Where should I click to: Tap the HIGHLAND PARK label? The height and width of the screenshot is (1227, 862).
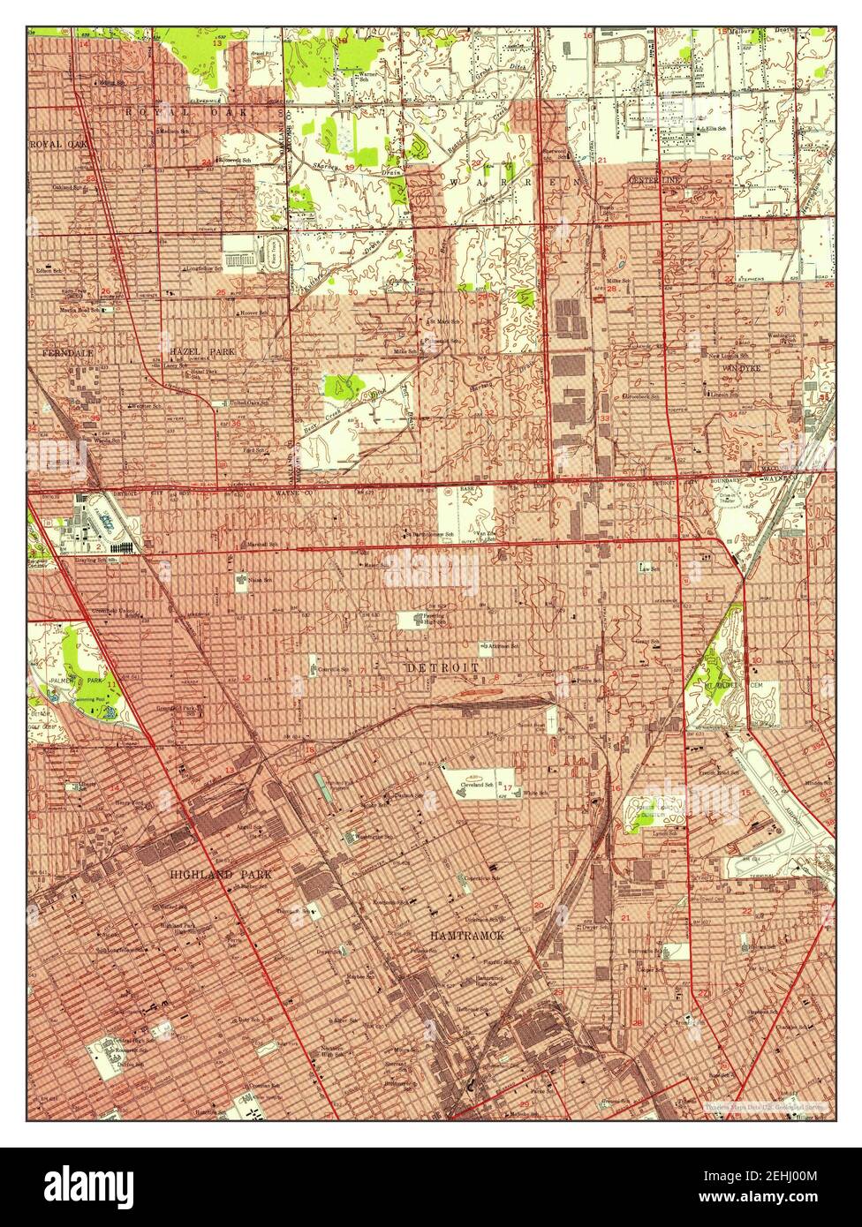221,874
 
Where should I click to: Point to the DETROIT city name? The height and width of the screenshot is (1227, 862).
443,668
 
